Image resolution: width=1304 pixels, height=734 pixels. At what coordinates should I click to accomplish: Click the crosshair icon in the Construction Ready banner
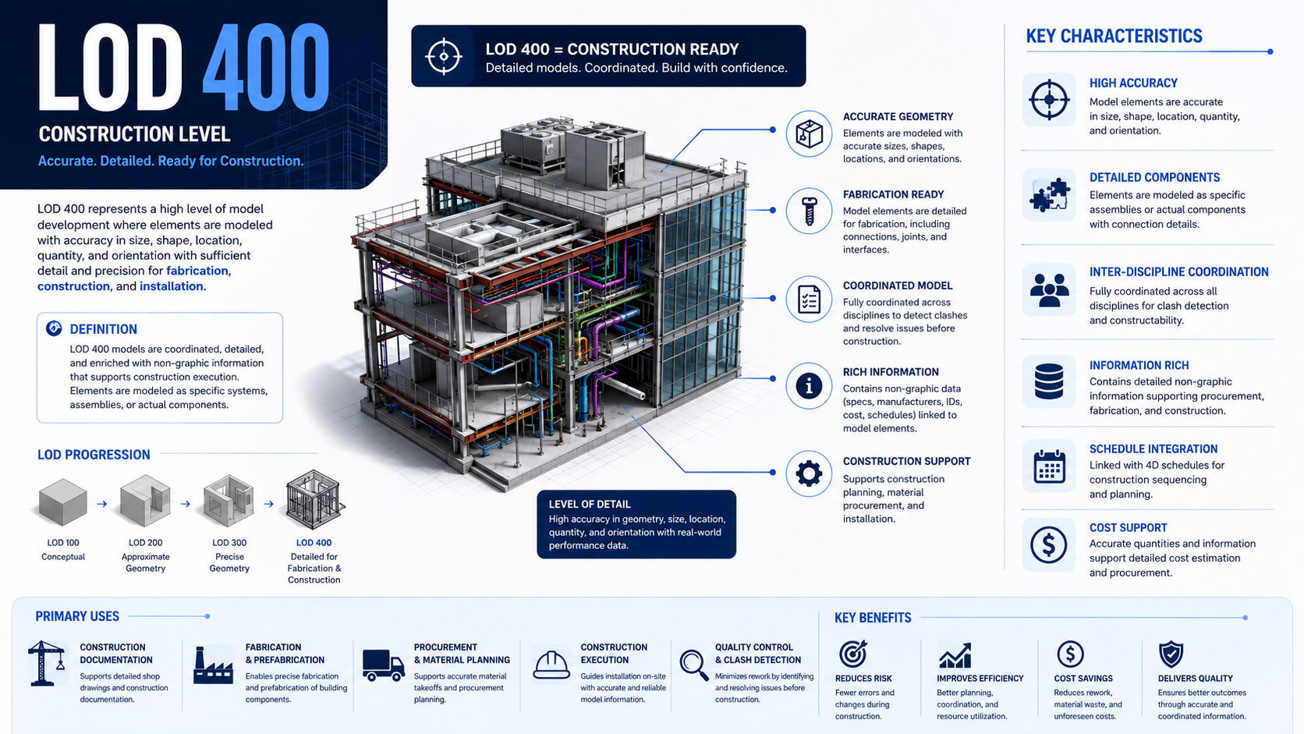(444, 56)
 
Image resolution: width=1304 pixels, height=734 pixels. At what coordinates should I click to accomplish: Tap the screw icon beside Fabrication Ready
(810, 211)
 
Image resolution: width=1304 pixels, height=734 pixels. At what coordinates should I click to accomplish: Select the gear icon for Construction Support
(809, 473)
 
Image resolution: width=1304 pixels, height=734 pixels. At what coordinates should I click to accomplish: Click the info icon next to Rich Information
(809, 386)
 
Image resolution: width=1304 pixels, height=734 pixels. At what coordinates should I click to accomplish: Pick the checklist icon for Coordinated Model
(810, 300)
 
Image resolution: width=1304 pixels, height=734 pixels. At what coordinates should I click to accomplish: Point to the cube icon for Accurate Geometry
(810, 134)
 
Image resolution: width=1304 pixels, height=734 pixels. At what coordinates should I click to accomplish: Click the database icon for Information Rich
(1049, 381)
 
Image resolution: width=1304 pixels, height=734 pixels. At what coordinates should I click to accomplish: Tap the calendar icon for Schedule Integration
(1049, 466)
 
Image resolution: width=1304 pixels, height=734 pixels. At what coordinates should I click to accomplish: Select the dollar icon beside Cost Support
(1048, 544)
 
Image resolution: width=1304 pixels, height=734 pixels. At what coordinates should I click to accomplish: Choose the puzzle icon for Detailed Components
(1049, 195)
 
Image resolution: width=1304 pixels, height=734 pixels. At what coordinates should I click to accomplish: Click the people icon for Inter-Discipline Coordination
(1049, 290)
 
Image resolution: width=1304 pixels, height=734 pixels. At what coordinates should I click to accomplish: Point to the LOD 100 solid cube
(63, 502)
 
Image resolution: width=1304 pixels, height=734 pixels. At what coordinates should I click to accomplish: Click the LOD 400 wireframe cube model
(314, 500)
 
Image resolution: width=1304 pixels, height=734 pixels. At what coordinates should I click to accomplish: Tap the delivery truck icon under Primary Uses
(383, 665)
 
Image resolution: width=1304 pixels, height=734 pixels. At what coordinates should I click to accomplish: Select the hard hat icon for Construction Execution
(551, 665)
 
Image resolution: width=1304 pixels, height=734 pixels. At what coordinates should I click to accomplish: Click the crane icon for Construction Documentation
(46, 663)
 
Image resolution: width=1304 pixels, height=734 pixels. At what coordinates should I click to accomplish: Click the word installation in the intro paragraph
(171, 286)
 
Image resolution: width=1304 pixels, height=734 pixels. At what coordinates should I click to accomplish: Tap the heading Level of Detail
(590, 504)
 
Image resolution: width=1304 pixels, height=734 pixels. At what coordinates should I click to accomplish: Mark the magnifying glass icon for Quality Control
(694, 665)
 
